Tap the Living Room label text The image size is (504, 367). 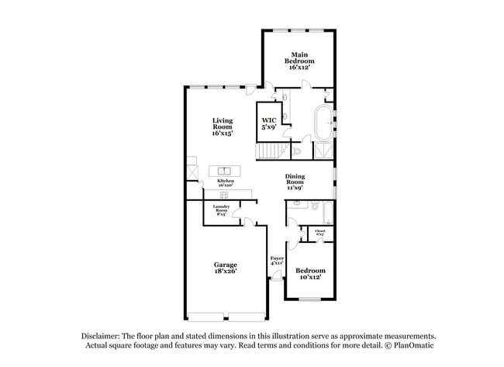224,126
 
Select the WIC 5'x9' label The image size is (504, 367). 268,123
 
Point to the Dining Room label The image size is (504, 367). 295,181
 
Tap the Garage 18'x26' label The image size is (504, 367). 226,268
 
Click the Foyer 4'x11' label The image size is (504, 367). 276,261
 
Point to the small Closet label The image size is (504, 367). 319,232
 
